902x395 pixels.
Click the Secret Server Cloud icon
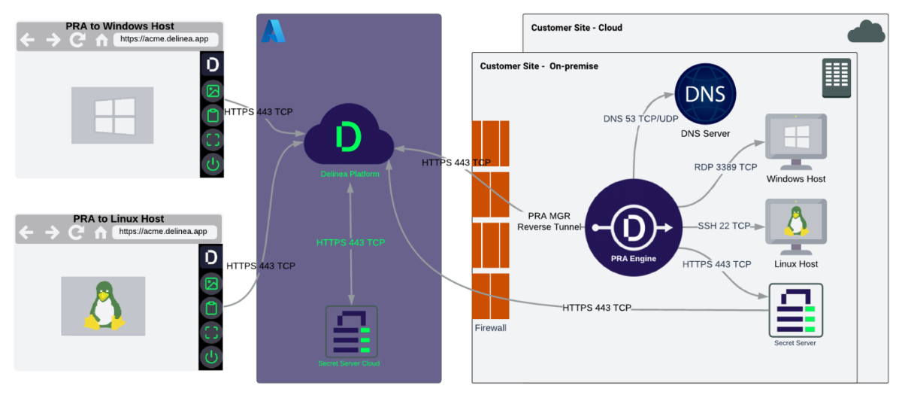350,332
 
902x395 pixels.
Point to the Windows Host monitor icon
795,141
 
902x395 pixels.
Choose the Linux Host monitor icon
795,223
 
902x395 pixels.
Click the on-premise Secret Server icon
795,310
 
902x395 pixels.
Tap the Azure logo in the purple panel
272,31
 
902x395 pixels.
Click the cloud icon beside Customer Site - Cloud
866,32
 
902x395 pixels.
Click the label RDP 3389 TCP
725,167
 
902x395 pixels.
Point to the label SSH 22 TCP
724,226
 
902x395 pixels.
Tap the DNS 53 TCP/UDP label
640,119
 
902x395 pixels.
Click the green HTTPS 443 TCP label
350,242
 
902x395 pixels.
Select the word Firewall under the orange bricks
490,328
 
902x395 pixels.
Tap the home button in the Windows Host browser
101,40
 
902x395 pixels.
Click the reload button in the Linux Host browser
76,232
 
